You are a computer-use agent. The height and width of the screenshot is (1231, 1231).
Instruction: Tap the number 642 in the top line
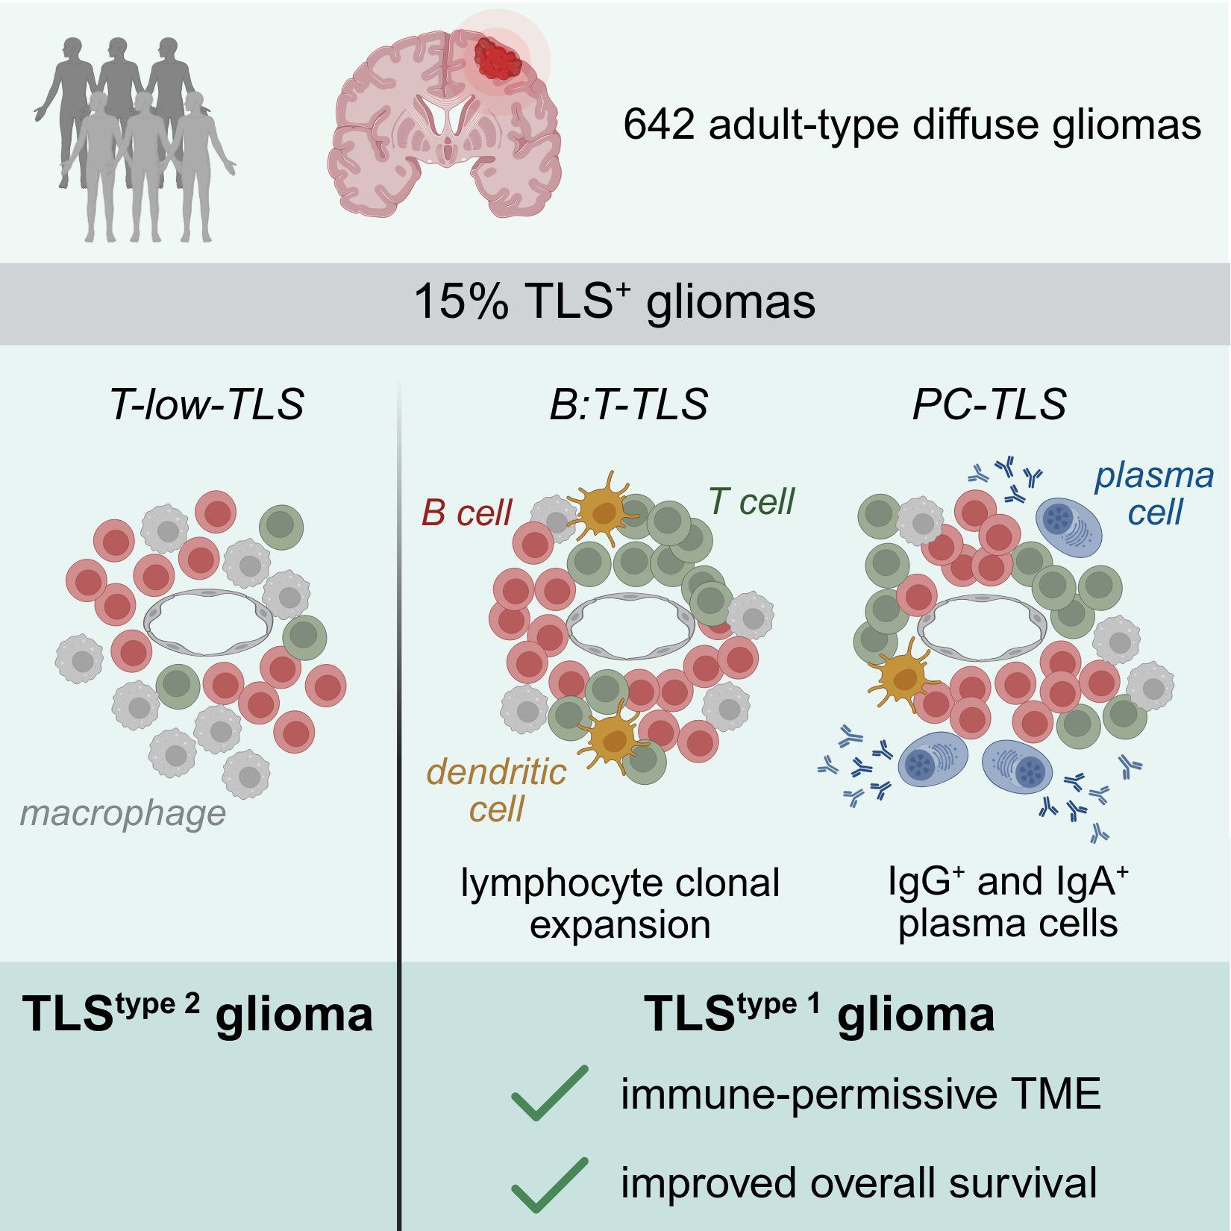click(x=659, y=125)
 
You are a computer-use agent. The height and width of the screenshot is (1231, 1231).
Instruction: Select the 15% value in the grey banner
click(x=460, y=302)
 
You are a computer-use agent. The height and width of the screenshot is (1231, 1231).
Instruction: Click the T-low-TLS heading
click(x=207, y=404)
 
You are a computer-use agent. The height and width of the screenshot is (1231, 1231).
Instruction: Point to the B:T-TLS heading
click(x=628, y=404)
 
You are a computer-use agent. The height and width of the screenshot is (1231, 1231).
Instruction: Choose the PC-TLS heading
click(x=989, y=404)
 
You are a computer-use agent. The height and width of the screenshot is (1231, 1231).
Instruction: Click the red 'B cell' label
click(x=467, y=513)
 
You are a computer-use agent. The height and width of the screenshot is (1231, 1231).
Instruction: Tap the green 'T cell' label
click(x=751, y=501)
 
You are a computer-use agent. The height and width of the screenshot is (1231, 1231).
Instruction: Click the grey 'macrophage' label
click(x=123, y=813)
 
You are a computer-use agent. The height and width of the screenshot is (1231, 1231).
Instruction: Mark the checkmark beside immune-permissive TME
click(x=550, y=1093)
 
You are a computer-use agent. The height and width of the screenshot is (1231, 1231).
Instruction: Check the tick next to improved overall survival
click(x=550, y=1184)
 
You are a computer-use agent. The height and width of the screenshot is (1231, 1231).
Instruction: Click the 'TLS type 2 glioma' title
click(x=198, y=1015)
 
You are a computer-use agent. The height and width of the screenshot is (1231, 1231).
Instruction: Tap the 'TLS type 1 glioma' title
click(x=819, y=1015)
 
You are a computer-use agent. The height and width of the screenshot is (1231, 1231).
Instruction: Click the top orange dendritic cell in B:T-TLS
click(x=603, y=510)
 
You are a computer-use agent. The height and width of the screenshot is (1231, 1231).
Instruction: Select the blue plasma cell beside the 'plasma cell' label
click(x=1068, y=527)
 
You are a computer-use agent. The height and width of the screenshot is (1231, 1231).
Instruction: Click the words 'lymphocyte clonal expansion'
click(x=620, y=903)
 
